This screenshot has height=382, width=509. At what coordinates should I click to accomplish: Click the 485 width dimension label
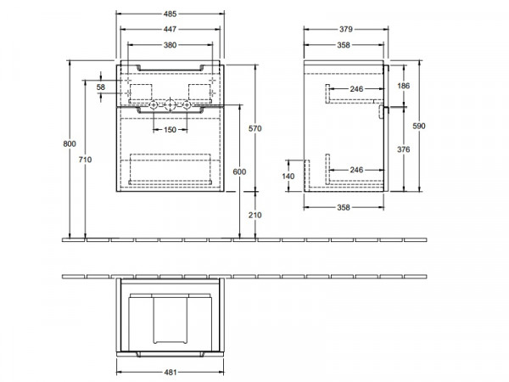click(171, 14)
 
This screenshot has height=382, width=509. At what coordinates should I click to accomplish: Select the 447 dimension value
click(171, 29)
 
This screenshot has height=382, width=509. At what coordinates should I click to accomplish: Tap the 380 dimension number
click(171, 45)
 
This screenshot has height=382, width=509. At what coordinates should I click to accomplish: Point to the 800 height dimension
click(70, 143)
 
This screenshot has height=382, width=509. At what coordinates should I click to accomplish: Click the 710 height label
click(85, 160)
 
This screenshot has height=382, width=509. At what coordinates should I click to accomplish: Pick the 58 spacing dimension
click(101, 87)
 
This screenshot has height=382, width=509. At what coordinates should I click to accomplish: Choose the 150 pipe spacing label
click(171, 130)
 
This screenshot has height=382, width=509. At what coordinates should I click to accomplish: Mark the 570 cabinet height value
click(255, 129)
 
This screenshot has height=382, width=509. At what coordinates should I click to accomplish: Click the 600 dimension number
click(239, 171)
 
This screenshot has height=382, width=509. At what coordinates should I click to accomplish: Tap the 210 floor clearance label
click(255, 215)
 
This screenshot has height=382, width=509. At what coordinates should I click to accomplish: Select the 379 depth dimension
click(346, 29)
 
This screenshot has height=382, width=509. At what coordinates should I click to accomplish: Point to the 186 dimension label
click(404, 86)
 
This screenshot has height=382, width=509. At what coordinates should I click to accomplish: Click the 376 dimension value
click(404, 149)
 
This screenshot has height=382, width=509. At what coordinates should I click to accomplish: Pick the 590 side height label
click(419, 126)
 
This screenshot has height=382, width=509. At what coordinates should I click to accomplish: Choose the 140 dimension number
click(288, 177)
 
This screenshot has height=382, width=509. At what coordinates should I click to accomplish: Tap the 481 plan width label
click(171, 373)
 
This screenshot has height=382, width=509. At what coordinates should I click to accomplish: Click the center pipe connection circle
click(171, 105)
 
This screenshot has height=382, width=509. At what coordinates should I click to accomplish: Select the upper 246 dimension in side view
click(356, 88)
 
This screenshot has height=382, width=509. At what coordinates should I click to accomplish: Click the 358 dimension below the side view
click(344, 207)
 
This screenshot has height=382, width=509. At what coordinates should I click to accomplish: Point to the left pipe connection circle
click(154, 105)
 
